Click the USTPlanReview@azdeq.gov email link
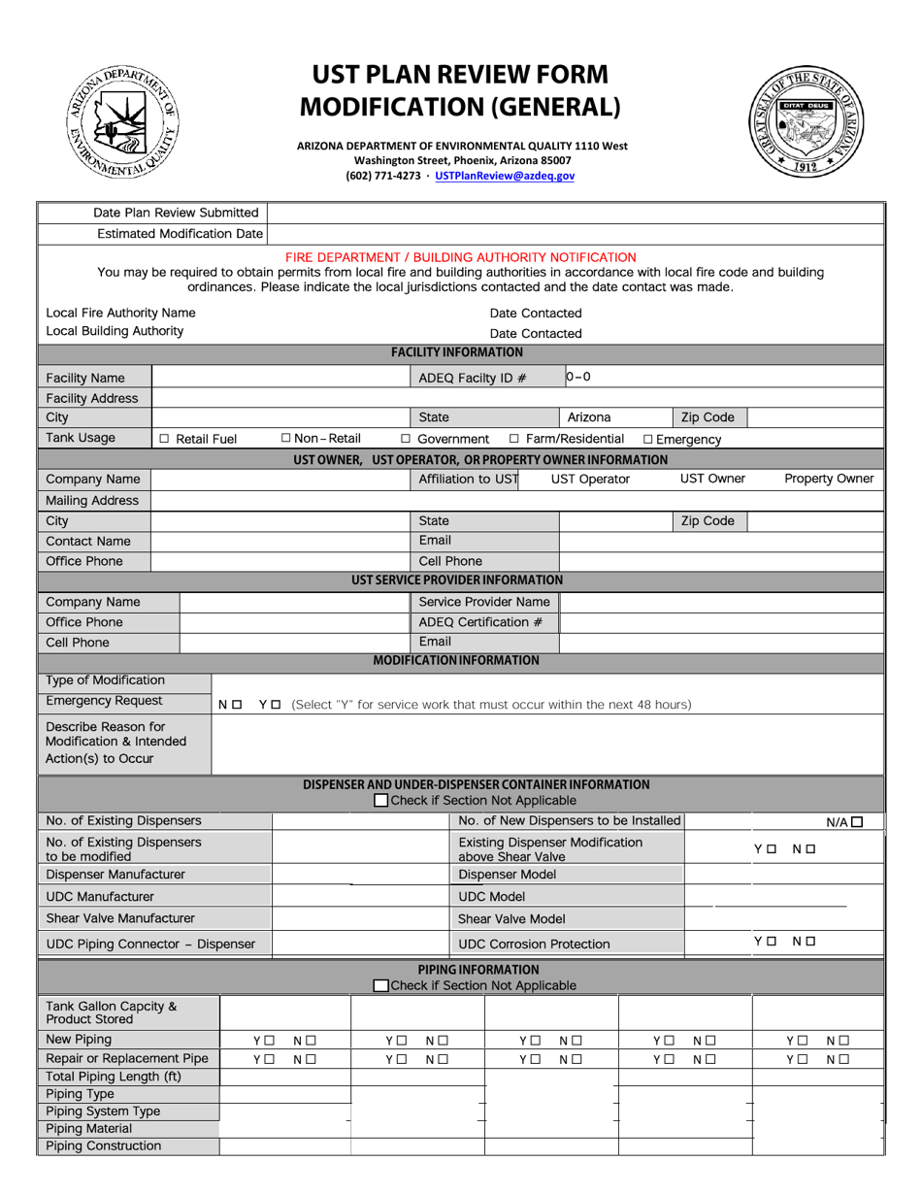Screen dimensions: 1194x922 pos(505,177)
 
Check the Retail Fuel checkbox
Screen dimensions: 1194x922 pos(164,439)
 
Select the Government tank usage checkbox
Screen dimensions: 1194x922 pos(406,439)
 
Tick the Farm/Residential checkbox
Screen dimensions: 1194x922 pos(514,439)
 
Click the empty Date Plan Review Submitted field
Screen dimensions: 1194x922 pos(575,213)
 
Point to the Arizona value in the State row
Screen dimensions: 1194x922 pos(589,417)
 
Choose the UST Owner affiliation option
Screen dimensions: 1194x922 pos(712,479)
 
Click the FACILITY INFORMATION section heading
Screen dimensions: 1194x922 pos(456,352)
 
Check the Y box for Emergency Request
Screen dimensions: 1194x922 pos(277,704)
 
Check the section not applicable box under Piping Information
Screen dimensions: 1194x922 pos(381,986)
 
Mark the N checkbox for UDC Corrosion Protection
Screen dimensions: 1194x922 pos(809,941)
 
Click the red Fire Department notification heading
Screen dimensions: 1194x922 pos(461,257)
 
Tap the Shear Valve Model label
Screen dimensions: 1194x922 pos(510,918)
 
